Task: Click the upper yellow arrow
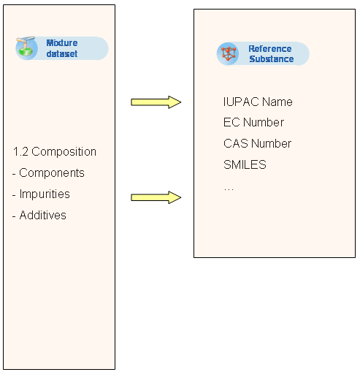[x=156, y=102]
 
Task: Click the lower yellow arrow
[x=156, y=197]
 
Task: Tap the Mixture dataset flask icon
[x=26, y=48]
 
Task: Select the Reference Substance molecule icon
[x=228, y=53]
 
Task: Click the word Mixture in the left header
[x=62, y=43]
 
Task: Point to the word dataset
[x=62, y=53]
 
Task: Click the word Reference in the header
[x=270, y=49]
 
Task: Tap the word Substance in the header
[x=272, y=59]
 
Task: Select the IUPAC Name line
[x=258, y=102]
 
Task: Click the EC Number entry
[x=253, y=122]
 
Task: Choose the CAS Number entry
[x=257, y=143]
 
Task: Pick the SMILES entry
[x=245, y=164]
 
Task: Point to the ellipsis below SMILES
[x=229, y=189]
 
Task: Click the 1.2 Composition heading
[x=55, y=152]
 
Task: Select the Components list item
[x=48, y=173]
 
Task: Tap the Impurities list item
[x=41, y=194]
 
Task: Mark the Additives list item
[x=39, y=216]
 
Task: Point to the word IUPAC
[x=241, y=102]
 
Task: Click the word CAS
[x=236, y=143]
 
